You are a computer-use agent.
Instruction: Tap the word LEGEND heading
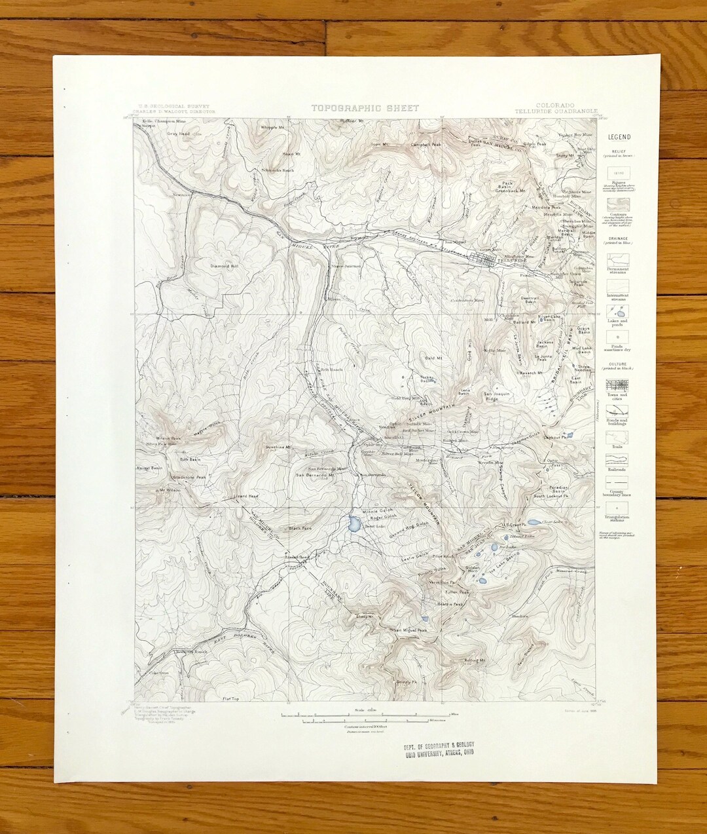[x=619, y=137]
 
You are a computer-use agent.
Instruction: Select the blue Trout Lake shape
[x=354, y=523]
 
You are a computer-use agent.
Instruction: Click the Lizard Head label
[x=245, y=497]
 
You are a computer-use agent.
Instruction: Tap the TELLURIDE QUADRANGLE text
[x=566, y=112]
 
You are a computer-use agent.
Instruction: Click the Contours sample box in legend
[x=618, y=205]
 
